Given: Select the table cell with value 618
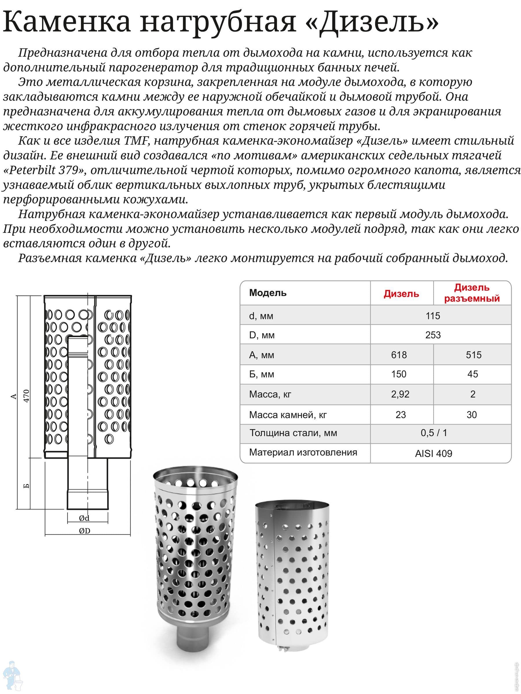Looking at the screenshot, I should pos(399,355).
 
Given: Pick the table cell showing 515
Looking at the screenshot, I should pos(474,355).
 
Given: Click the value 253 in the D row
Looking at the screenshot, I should pos(433,335).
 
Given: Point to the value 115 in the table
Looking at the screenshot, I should pos(433,316).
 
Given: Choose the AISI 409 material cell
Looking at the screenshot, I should pos(433,453).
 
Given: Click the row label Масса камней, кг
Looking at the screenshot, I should pos(288,415).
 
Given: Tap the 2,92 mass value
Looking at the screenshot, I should pos(400,394).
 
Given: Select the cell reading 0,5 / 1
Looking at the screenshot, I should pos(434,433).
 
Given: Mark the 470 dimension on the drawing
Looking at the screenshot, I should pos(27,396).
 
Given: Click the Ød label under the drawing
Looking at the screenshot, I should pos(84,518).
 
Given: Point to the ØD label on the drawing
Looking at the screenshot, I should pos(85,531).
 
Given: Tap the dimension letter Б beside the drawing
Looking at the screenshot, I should pos(27,486).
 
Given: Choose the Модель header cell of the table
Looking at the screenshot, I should pos(267,293).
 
